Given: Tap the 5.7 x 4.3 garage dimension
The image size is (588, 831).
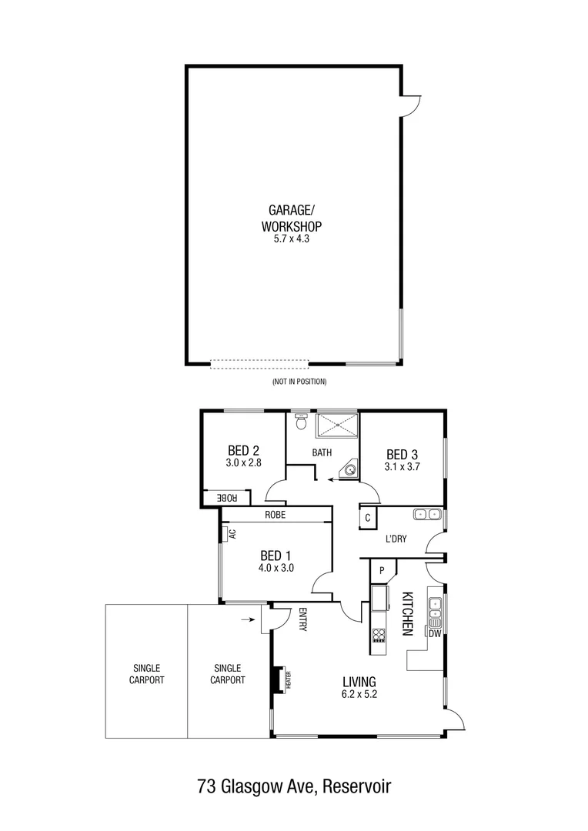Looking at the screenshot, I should (x=290, y=239).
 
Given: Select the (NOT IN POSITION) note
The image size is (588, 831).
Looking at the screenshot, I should (x=299, y=382).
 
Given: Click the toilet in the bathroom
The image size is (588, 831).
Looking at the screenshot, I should (x=301, y=422).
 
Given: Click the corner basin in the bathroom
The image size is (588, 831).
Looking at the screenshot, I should (x=351, y=469).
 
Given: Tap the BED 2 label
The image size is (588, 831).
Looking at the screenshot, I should (x=242, y=451).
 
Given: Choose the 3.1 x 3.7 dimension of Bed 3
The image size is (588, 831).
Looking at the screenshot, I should (x=402, y=466).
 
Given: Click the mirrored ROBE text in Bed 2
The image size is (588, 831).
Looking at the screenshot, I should (x=228, y=499).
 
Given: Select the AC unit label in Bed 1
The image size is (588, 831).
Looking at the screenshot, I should (x=231, y=532).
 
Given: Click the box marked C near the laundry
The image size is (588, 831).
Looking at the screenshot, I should (x=368, y=518).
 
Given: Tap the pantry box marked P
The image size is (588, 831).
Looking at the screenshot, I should (x=381, y=570).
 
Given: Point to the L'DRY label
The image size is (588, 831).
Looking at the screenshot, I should (x=396, y=539).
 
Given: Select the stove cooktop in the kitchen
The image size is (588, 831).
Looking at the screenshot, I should (x=379, y=636).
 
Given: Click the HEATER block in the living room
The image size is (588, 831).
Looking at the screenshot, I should (x=276, y=679).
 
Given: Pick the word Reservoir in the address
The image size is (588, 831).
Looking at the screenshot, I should (x=357, y=786).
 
